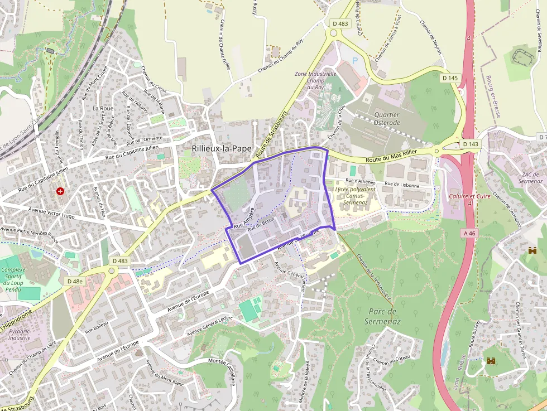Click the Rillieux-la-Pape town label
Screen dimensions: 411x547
point(221,149)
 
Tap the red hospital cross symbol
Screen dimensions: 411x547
point(60,191)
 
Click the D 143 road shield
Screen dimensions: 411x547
point(471,144)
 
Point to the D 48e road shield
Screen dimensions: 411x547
point(75,281)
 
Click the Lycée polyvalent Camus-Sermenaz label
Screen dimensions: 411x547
point(355,196)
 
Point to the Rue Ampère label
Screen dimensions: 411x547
point(244,218)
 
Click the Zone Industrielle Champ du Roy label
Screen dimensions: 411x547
point(315,80)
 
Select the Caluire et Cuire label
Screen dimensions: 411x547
point(469,196)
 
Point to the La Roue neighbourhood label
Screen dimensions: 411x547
point(103,108)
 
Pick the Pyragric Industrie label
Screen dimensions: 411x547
point(20,335)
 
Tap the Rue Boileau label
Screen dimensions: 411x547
point(96,327)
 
